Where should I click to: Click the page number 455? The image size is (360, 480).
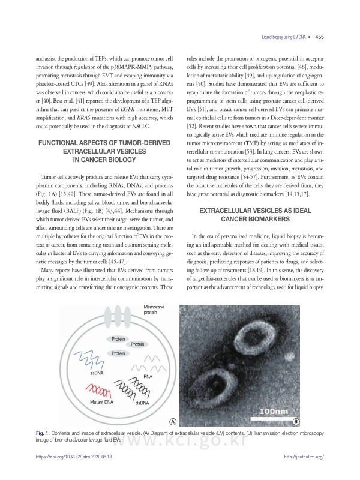319,37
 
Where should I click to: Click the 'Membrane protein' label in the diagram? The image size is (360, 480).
154,310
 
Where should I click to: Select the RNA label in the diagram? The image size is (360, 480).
149,377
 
